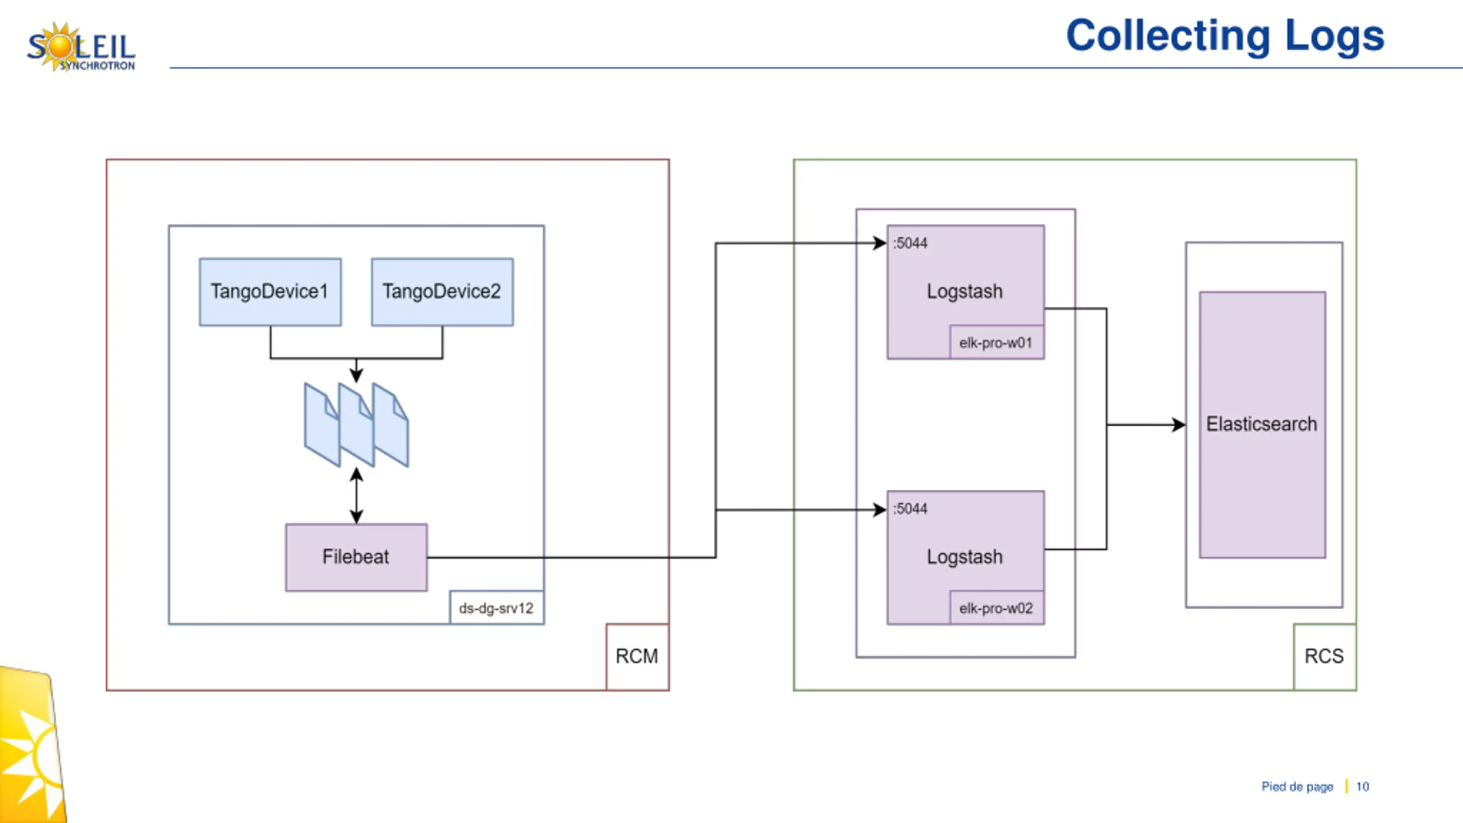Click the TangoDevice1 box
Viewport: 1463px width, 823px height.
point(270,292)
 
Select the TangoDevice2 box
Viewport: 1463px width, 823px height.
point(442,292)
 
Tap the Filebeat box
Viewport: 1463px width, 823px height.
point(356,557)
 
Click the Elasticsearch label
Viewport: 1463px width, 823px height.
point(1262,424)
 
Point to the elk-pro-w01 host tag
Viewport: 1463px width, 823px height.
point(996,343)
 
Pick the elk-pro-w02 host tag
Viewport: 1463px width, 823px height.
point(996,608)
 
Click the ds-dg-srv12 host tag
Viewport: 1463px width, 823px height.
point(496,608)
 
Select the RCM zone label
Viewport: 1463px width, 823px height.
point(637,656)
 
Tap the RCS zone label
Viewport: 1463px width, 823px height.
point(1324,656)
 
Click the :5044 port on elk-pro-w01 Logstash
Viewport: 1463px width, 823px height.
point(910,243)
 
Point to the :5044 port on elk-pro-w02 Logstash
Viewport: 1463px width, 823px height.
point(910,509)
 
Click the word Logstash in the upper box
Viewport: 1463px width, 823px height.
point(965,291)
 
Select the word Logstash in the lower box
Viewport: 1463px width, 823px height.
point(965,557)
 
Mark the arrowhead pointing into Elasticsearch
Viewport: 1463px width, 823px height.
point(1179,425)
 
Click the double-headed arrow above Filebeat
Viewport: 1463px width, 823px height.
point(356,496)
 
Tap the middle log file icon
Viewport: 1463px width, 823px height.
point(356,425)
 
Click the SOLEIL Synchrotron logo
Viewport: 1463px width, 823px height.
point(81,47)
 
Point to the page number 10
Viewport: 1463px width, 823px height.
point(1362,787)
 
